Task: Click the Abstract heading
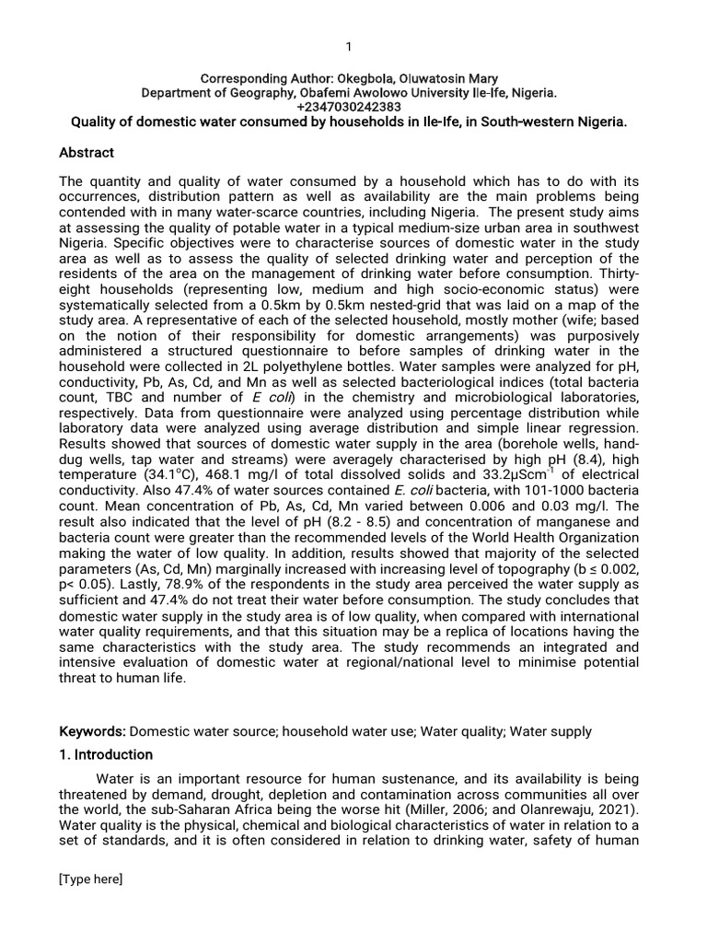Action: point(87,152)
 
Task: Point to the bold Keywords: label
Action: point(92,731)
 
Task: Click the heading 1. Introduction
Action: point(106,754)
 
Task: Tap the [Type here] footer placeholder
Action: point(90,879)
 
